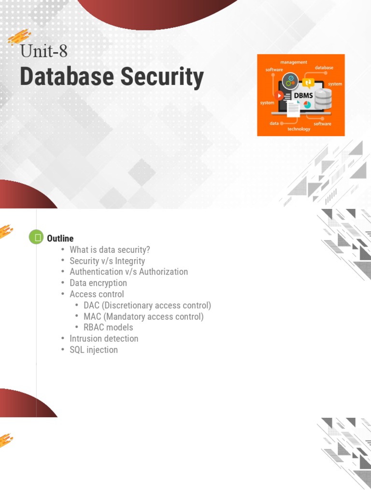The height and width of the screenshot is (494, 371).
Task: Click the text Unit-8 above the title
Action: [43, 51]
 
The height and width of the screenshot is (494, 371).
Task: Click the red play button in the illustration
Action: [280, 96]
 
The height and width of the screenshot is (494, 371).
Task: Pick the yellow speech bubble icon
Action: [309, 82]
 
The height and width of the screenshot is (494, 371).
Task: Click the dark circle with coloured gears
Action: [290, 80]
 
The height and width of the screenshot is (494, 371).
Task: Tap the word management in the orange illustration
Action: [293, 62]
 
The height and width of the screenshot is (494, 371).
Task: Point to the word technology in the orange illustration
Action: [299, 129]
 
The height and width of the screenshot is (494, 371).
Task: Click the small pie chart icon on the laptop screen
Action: [307, 105]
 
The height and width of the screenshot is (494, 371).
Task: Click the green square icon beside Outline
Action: [36, 237]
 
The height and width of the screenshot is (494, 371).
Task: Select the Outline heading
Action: [60, 238]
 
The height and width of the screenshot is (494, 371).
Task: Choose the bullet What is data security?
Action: [110, 250]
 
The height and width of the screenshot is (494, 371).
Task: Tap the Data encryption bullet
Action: [98, 283]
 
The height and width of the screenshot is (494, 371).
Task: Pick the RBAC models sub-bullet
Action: [108, 328]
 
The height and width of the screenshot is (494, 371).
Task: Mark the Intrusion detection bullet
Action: [104, 339]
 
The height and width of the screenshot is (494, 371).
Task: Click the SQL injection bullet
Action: [93, 350]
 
